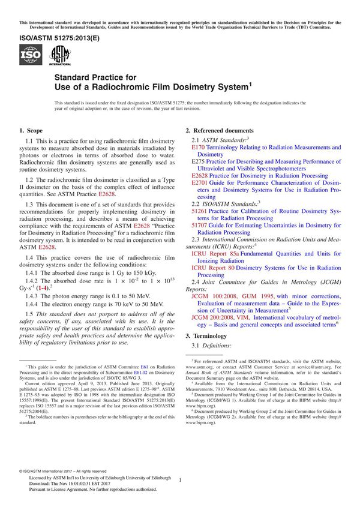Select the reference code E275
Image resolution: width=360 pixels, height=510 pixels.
pyautogui.click(x=198, y=161)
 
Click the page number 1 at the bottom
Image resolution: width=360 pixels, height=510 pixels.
pyautogui.click(x=181, y=479)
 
